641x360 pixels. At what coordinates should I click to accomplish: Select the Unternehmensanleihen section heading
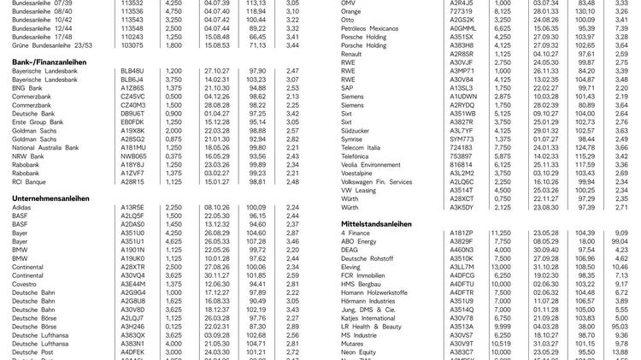point(50,198)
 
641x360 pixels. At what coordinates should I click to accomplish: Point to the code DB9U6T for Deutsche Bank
point(132,113)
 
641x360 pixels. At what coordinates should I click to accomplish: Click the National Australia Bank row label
point(45,147)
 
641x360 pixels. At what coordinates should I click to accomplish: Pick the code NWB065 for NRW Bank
point(133,156)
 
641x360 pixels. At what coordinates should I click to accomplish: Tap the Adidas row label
point(22,207)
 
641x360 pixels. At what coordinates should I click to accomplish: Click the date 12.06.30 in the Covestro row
point(217,283)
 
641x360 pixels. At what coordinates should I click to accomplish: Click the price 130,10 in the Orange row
point(585,11)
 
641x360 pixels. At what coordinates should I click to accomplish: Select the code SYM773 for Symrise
point(462,139)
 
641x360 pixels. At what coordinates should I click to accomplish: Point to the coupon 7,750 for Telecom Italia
point(503,147)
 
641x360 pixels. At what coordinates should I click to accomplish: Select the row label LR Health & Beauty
point(371,326)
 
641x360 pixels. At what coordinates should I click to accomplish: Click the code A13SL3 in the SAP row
point(462,87)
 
